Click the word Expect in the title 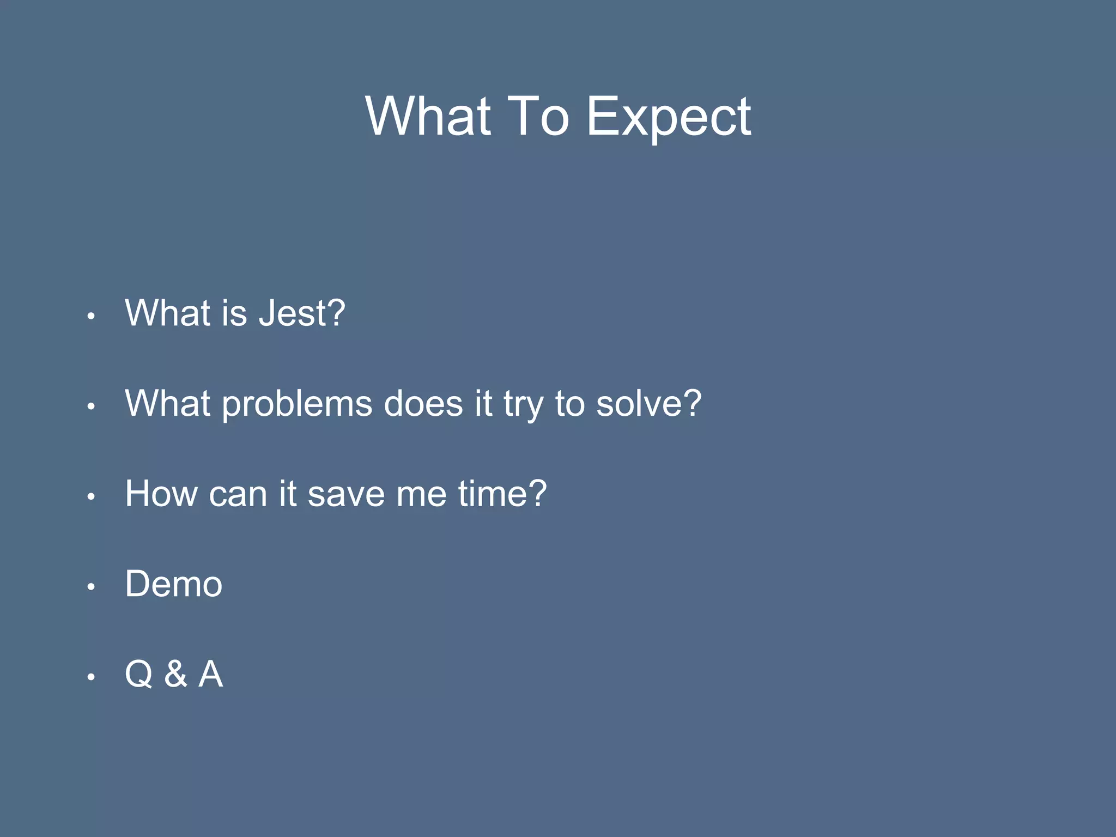(669, 117)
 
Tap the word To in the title (538, 117)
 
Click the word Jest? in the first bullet (302, 314)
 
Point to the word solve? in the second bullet (648, 404)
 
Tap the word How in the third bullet (161, 494)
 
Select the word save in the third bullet (346, 495)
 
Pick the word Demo (174, 584)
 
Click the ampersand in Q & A (175, 675)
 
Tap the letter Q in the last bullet (139, 675)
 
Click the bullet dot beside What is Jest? (92, 316)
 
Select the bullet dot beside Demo (92, 587)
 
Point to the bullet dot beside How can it (92, 496)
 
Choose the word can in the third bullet (238, 495)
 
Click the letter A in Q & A (211, 675)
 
